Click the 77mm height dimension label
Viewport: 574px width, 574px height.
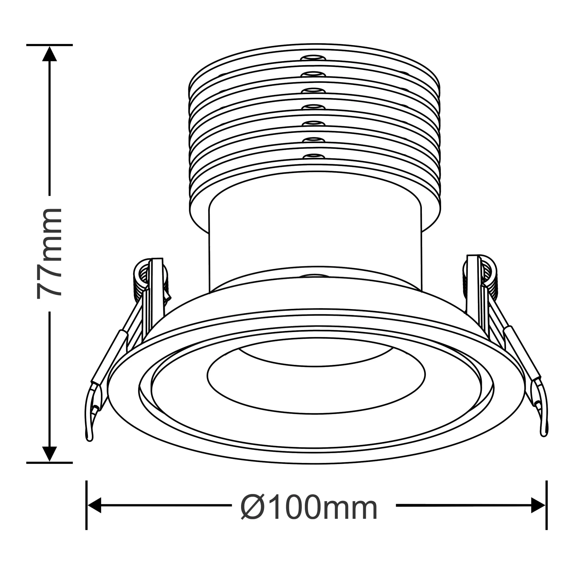[x=49, y=253]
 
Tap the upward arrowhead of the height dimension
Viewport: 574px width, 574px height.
[x=50, y=54]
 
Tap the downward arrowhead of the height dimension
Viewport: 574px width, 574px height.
[x=50, y=454]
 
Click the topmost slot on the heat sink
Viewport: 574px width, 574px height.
[x=312, y=58]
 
